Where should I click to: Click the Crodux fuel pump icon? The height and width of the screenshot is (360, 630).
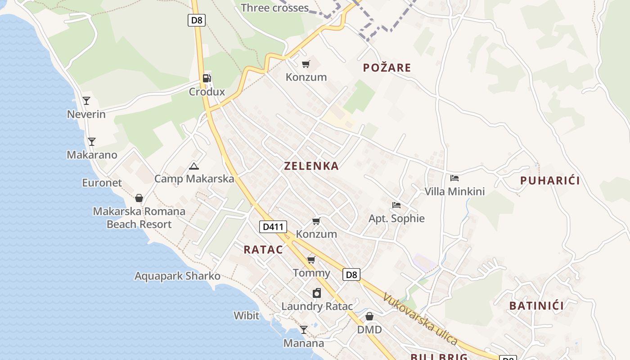(207, 78)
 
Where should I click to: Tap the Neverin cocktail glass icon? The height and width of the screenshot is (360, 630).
(86, 101)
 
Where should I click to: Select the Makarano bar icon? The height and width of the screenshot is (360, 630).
(92, 142)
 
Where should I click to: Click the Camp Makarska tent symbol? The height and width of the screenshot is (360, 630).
(194, 166)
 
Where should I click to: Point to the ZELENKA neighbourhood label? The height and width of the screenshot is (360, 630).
(311, 166)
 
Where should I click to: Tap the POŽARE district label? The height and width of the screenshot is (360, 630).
(387, 68)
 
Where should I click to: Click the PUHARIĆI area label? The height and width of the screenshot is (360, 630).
(550, 181)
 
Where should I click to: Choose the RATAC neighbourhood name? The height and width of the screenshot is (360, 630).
(263, 250)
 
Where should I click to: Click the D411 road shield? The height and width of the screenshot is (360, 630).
(273, 227)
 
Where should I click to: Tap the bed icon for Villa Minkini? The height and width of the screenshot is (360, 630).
(454, 178)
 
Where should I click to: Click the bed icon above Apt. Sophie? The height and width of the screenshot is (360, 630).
(396, 205)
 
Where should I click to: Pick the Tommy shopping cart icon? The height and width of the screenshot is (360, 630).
(311, 260)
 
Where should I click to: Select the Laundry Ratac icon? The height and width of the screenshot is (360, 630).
(317, 293)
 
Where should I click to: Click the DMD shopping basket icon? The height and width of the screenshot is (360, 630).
(369, 316)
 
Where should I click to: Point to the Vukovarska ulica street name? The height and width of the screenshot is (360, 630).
(420, 319)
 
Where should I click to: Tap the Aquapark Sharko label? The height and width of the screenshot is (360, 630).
(177, 276)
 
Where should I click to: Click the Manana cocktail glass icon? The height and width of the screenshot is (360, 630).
(304, 330)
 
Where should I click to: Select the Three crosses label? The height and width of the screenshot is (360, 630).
(274, 8)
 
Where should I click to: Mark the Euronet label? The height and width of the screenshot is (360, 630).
(102, 183)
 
